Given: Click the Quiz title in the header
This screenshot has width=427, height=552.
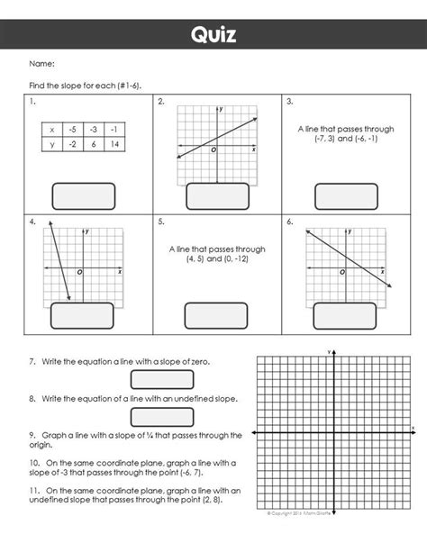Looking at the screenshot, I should coord(213,35).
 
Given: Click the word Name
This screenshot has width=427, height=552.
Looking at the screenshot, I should coord(42,64).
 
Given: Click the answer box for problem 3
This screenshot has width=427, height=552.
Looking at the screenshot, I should coord(341,196).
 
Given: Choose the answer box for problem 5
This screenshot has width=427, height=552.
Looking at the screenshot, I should coord(214,315).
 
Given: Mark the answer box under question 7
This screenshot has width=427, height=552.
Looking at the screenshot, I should coord(162,380).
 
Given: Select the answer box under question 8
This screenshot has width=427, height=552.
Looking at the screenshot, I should coord(162,416).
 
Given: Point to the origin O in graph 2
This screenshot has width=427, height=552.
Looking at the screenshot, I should coord(213,150).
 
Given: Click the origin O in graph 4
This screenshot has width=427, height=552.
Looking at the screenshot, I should coord(79,271).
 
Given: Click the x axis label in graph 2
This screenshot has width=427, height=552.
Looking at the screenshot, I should coord(254,149).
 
